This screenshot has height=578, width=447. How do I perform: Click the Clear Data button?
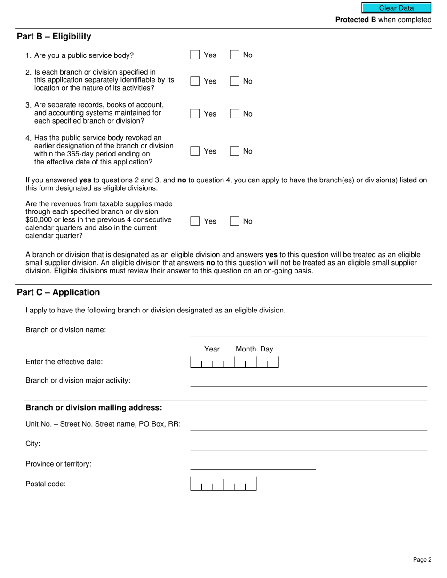396,8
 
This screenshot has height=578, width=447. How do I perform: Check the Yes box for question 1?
195,55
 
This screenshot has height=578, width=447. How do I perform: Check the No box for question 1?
234,55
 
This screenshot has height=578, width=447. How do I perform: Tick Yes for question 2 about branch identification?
195,81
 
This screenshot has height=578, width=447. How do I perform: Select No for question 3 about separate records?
234,114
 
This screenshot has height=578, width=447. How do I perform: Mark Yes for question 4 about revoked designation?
195,151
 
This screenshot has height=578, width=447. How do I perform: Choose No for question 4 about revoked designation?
234,151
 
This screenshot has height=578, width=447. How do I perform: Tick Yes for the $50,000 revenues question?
195,221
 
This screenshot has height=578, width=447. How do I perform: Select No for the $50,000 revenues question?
234,221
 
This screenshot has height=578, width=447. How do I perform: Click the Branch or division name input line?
308,331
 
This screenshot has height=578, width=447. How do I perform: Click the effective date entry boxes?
234,362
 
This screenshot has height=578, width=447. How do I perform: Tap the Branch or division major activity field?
308,381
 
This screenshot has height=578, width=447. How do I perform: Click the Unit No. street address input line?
308,425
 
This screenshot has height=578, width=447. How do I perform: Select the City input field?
308,445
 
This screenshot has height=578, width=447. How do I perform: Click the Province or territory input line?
253,464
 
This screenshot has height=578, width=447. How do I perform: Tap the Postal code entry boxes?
223,484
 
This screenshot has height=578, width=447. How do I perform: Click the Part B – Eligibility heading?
54,37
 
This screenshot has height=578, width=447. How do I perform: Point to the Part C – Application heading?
58,292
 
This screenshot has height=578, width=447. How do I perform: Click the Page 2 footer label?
422,559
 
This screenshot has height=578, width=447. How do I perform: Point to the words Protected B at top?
355,20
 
